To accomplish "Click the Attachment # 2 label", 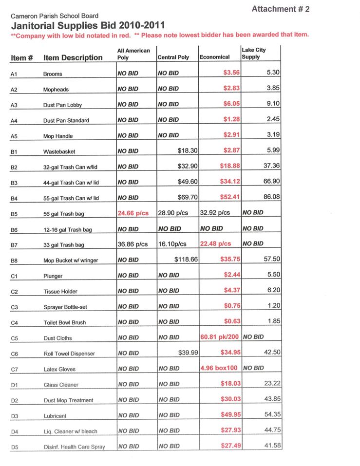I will [x=281, y=9].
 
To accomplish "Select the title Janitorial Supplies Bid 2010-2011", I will [x=88, y=25].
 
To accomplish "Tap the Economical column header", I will [x=214, y=57].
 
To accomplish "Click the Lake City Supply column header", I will [x=254, y=53].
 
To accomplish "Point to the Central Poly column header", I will [x=173, y=57].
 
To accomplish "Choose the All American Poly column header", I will [x=133, y=54].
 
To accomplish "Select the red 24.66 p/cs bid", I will [x=133, y=213].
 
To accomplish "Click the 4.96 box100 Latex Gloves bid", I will [x=219, y=368].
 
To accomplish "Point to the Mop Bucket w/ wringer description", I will [x=71, y=261].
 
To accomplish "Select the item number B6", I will [x=14, y=229].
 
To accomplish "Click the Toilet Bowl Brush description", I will [x=65, y=322].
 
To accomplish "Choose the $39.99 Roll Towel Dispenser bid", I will [x=188, y=353].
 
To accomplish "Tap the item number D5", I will [x=14, y=447].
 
